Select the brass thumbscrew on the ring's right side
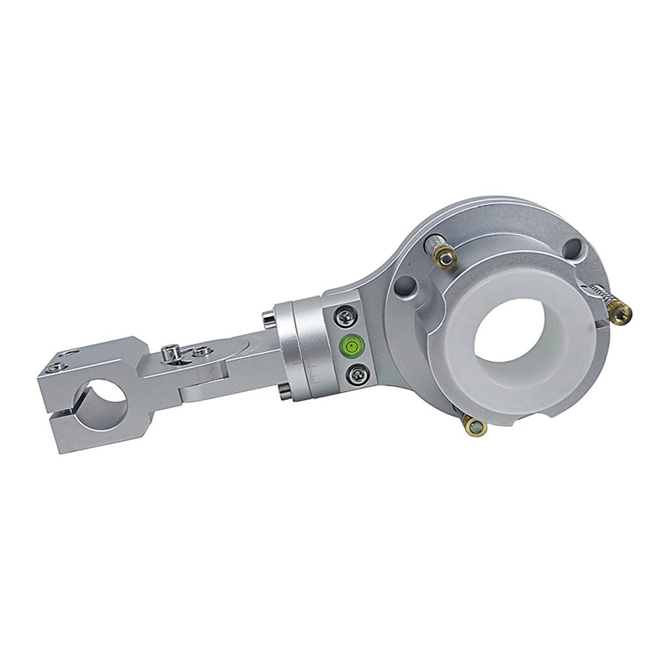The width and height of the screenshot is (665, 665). click(x=621, y=314)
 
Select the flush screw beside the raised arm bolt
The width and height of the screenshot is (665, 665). click(x=200, y=351)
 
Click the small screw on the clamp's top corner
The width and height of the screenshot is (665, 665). click(x=53, y=368)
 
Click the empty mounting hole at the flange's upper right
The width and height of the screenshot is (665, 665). click(x=573, y=248)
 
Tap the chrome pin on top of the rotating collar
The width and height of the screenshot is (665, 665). click(x=268, y=320)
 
